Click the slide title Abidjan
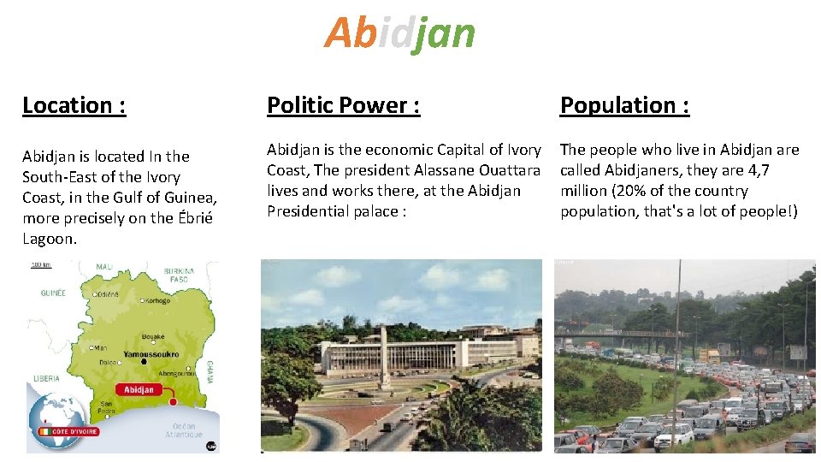tap(399, 33)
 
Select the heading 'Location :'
tap(74, 105)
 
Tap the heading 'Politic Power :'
tap(343, 105)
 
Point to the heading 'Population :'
tap(624, 105)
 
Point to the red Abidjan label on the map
tap(139, 389)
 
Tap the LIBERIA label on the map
tap(46, 377)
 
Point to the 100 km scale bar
tap(40, 265)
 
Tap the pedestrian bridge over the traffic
tap(650, 334)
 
